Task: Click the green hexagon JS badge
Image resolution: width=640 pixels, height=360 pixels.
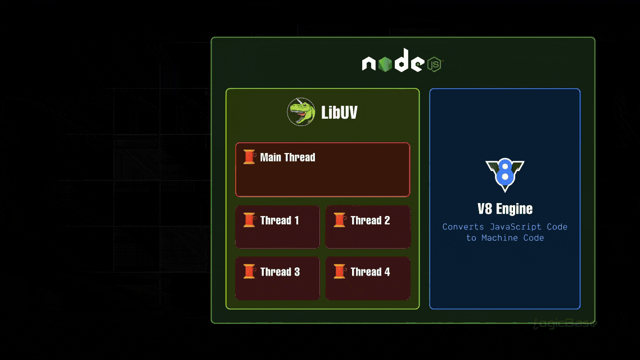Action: pyautogui.click(x=434, y=64)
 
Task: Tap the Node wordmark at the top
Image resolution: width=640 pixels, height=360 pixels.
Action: pyautogui.click(x=392, y=64)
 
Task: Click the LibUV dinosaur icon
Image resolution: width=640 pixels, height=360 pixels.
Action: pyautogui.click(x=301, y=112)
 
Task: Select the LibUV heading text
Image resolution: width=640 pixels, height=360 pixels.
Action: pyautogui.click(x=339, y=112)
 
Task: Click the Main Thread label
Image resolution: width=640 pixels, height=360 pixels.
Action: pyautogui.click(x=287, y=157)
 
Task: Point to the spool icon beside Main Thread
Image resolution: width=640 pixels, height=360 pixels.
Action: pyautogui.click(x=249, y=157)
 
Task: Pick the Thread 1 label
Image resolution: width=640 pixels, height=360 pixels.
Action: pyautogui.click(x=280, y=220)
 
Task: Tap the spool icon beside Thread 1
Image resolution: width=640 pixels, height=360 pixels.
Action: pyautogui.click(x=249, y=220)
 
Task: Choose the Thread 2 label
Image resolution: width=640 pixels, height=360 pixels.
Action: pyautogui.click(x=370, y=220)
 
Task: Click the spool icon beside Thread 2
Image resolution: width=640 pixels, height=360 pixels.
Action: pyautogui.click(x=339, y=220)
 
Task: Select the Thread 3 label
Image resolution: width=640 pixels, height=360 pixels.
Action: pyautogui.click(x=280, y=272)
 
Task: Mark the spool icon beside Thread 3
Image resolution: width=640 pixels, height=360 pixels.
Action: pyautogui.click(x=249, y=272)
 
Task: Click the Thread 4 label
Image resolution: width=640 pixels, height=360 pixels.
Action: pyautogui.click(x=370, y=272)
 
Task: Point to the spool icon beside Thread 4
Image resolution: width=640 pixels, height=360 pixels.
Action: pyautogui.click(x=339, y=272)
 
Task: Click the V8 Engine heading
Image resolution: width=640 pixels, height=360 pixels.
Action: pyautogui.click(x=505, y=209)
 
